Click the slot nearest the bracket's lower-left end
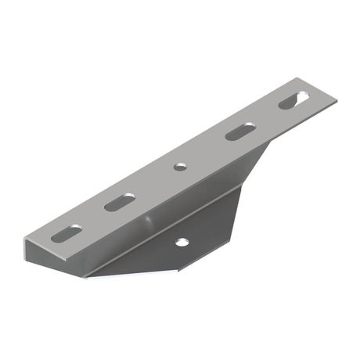pos(67,232)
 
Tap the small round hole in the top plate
pos(180,167)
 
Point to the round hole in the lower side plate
pos(182,243)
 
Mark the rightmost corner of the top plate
pos(338,99)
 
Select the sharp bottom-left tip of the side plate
pos(85,276)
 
